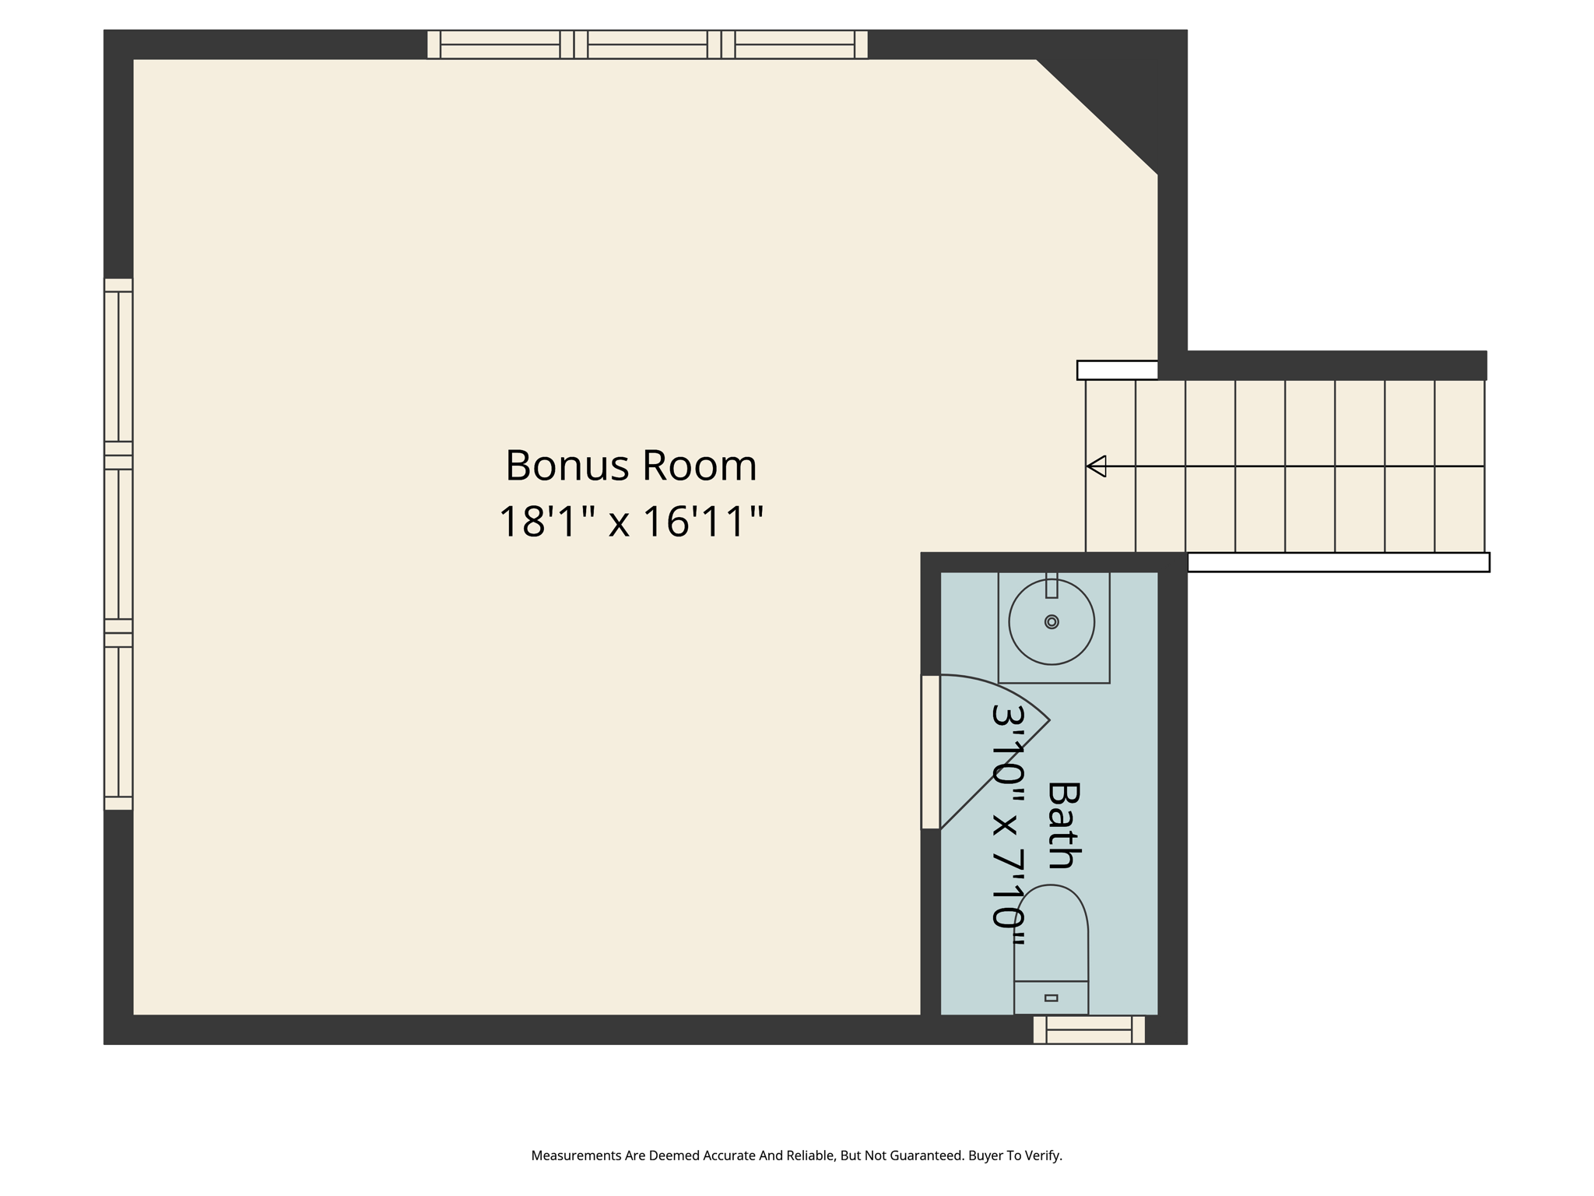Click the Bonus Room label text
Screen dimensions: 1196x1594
(630, 466)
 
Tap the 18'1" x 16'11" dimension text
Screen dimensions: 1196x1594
(630, 522)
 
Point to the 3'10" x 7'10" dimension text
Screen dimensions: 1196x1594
(1009, 825)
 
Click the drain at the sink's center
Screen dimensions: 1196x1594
(1052, 621)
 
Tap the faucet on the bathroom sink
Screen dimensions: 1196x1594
(1052, 586)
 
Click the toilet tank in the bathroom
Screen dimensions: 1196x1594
(1051, 997)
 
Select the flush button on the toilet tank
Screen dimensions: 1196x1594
(1051, 997)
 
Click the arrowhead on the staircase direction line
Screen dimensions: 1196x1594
(1096, 466)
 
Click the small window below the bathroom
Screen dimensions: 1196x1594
(1088, 1029)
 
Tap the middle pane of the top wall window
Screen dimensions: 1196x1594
(648, 44)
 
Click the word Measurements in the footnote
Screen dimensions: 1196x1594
(576, 1156)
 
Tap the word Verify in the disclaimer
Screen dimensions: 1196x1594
(1042, 1156)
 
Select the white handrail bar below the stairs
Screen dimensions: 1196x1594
(1338, 562)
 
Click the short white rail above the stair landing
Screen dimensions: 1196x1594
(1117, 370)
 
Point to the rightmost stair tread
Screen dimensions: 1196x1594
(1459, 466)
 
